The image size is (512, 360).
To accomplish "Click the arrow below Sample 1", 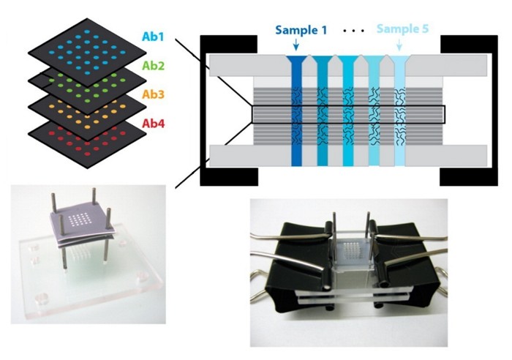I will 295,47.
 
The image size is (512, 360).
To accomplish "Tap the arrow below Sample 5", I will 398,47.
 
